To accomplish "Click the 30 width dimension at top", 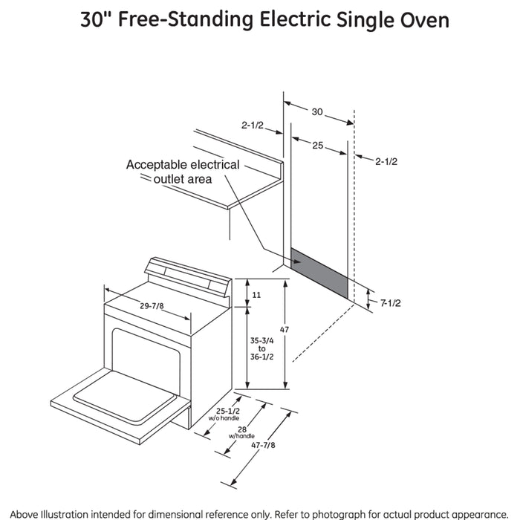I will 317,111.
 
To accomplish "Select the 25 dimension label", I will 317,146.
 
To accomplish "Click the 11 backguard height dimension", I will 257,295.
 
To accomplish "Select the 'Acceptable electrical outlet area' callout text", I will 182,172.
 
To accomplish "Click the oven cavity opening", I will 146,353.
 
